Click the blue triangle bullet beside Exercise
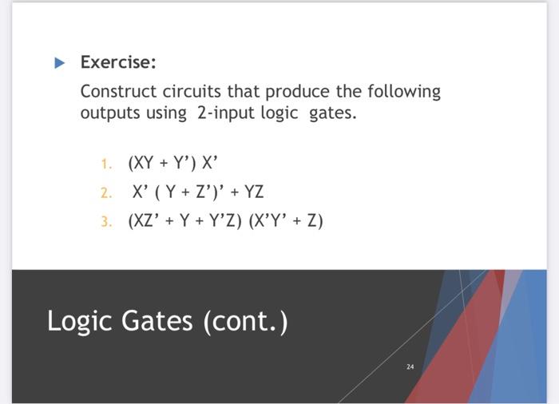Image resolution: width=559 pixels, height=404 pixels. (x=60, y=62)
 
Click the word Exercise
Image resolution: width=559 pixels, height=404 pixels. (x=118, y=61)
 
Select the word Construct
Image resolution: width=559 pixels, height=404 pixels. (x=116, y=91)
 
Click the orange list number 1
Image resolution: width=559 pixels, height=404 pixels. (x=105, y=164)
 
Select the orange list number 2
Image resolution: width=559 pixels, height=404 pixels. (x=105, y=192)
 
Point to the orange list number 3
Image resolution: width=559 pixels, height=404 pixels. (x=105, y=220)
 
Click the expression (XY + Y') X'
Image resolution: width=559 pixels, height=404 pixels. (x=172, y=164)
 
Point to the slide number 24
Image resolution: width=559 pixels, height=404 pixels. (x=410, y=366)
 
